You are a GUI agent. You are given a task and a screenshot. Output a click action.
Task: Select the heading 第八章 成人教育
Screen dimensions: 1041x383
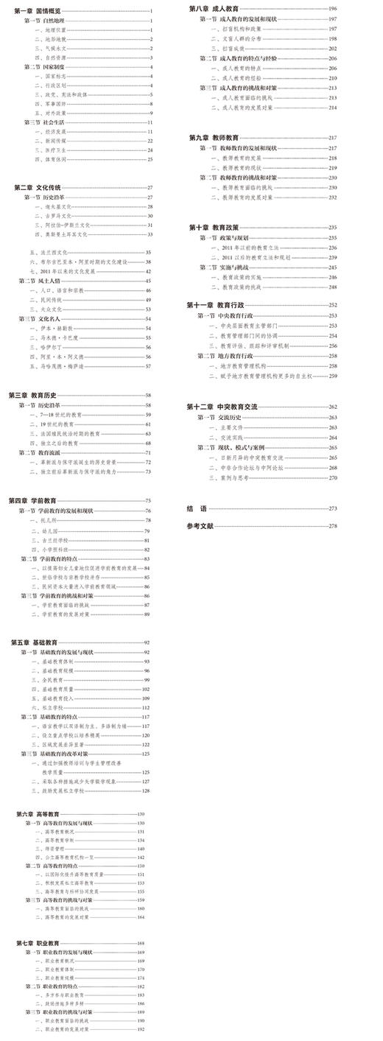[x=214, y=8]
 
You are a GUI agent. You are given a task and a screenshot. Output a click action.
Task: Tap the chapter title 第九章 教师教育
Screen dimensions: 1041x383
[x=214, y=138]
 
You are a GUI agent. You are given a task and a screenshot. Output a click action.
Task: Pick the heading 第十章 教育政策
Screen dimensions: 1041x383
[x=214, y=228]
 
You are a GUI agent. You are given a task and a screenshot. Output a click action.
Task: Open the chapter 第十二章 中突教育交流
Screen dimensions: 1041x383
[x=222, y=407]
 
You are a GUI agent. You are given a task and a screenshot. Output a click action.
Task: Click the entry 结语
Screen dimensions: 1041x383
[x=197, y=508]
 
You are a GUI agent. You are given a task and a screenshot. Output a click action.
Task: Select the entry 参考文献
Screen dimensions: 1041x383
[x=200, y=526]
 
